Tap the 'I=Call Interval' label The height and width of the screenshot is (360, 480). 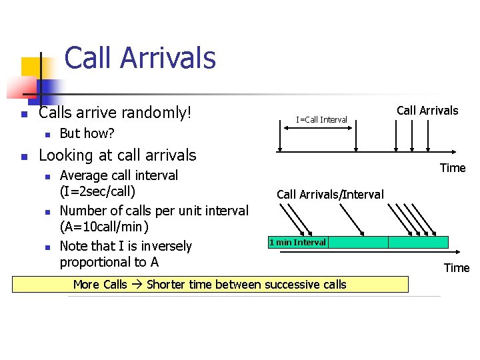(321, 120)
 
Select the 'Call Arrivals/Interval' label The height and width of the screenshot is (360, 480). (330, 195)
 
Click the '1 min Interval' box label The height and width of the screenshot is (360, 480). (297, 243)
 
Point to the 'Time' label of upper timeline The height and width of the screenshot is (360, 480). (453, 168)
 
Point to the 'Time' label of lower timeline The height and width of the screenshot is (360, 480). (457, 268)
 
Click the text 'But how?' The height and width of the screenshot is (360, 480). (87, 133)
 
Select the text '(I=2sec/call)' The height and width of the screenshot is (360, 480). (97, 192)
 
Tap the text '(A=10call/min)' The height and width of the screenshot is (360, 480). (103, 227)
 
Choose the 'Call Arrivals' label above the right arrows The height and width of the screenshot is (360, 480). (427, 111)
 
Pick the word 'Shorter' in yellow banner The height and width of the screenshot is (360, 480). (167, 285)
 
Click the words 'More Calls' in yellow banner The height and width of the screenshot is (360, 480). (99, 285)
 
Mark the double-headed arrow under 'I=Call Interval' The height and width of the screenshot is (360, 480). (317, 132)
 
